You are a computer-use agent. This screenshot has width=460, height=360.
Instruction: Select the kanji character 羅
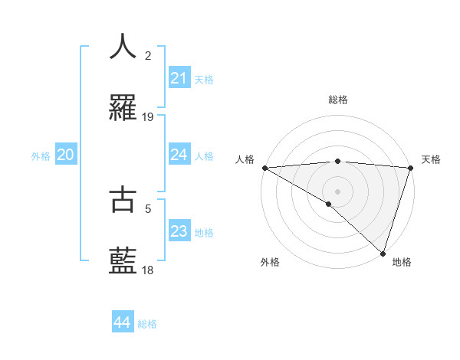123,109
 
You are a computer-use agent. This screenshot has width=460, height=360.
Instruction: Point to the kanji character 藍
123,262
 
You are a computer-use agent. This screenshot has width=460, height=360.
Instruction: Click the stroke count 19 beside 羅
148,117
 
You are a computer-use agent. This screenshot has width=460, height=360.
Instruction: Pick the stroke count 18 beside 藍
148,270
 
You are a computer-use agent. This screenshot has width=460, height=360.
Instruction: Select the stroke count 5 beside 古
149,207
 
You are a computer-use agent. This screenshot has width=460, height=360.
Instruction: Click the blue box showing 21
179,78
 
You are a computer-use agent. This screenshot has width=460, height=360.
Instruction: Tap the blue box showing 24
179,155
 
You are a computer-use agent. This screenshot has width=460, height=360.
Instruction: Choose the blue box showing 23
179,232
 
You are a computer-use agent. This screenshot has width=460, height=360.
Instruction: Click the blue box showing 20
65,155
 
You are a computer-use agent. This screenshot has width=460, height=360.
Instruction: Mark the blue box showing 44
122,322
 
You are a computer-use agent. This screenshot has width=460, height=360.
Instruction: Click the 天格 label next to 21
204,79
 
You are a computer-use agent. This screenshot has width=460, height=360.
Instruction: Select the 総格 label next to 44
147,324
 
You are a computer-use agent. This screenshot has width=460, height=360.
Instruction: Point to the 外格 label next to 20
41,156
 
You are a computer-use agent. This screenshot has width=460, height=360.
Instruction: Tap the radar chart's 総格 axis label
337,100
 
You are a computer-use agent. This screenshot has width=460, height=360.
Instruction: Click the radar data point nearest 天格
411,168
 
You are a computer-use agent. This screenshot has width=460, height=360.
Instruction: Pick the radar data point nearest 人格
264,168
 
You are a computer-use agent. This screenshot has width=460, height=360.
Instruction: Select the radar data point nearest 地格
383,253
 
